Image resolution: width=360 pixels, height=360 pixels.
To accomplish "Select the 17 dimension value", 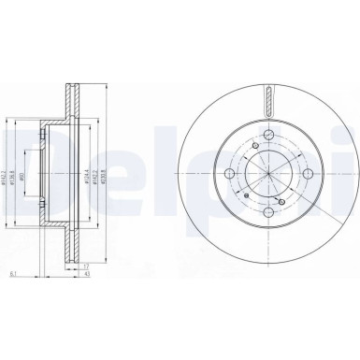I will pos(85,266).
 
